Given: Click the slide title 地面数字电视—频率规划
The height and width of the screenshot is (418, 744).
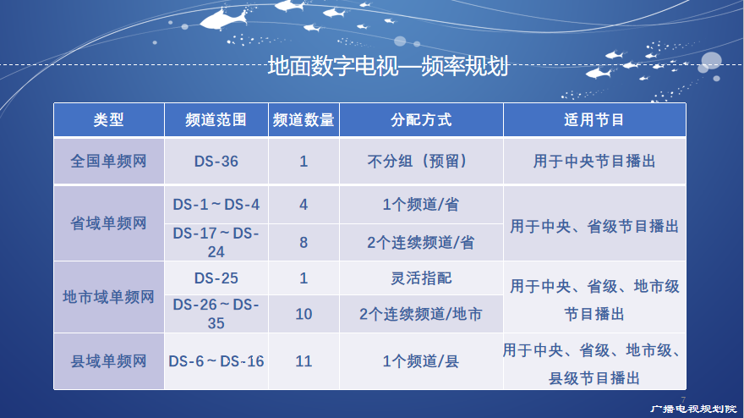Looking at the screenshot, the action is [x=388, y=65].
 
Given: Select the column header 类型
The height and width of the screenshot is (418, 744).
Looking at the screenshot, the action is [x=109, y=119].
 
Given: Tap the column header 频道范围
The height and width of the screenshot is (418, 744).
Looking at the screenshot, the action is [x=216, y=119].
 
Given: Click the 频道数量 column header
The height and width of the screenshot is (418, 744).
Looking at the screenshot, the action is [x=304, y=119].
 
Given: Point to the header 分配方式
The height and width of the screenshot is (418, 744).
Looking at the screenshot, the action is [x=421, y=119].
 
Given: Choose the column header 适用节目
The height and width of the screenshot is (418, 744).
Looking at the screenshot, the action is [x=594, y=119].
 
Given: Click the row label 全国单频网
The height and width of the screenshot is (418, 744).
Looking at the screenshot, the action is [x=109, y=161].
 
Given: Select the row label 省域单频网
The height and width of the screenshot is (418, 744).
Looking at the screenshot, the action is [x=109, y=223].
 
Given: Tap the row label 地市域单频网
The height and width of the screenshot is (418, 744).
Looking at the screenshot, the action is [x=109, y=297].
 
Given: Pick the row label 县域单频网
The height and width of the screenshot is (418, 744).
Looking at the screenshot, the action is [x=109, y=361].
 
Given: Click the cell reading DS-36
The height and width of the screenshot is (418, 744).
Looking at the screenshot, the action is [x=216, y=162].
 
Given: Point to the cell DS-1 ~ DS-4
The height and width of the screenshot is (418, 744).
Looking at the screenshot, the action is [x=216, y=205].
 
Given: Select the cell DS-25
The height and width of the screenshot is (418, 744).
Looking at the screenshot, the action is [x=216, y=278].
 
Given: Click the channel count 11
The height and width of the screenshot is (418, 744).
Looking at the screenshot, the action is [x=304, y=361].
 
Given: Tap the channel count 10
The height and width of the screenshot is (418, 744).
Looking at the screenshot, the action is [x=304, y=314].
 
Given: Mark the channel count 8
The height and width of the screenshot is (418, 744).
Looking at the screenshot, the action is [x=304, y=243].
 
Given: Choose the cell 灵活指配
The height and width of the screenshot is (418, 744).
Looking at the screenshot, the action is [x=421, y=278].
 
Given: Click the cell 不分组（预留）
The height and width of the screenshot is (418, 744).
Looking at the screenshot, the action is [x=418, y=161].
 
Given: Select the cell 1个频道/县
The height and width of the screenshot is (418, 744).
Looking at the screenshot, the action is [x=421, y=361].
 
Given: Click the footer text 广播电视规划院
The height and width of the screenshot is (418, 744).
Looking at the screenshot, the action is [x=693, y=409].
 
